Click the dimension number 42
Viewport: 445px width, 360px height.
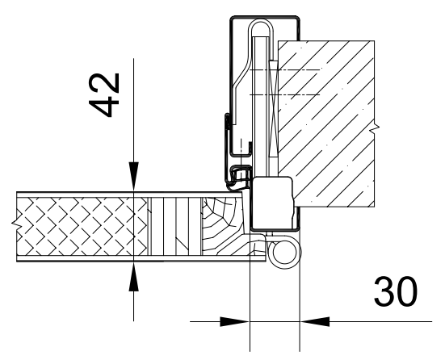[x=104, y=95]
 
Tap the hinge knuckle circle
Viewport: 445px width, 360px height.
[x=285, y=252]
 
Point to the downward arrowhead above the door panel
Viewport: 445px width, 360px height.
[x=134, y=176]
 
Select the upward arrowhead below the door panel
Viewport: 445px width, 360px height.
[x=134, y=277]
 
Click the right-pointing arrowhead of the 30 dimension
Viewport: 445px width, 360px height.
[x=235, y=322]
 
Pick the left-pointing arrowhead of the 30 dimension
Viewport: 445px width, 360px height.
[x=314, y=322]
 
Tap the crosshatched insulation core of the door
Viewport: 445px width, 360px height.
[x=82, y=226]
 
